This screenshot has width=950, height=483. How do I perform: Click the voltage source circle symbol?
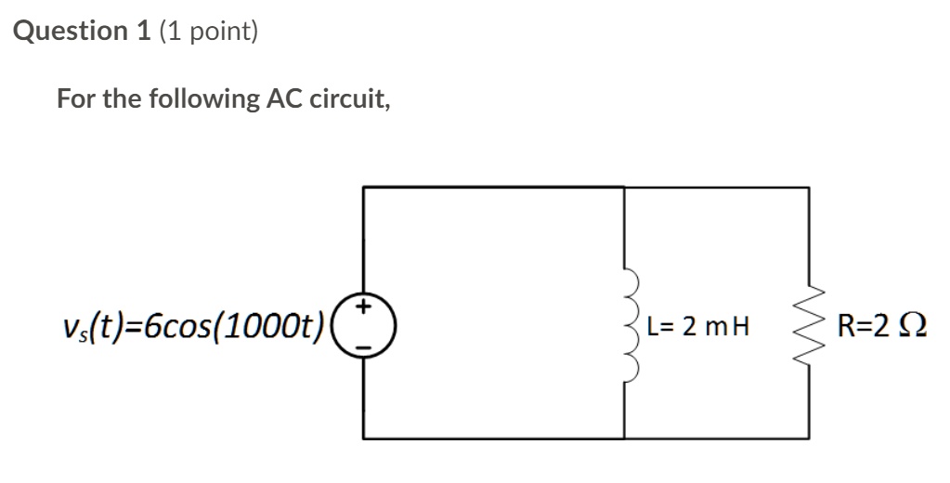point(364,325)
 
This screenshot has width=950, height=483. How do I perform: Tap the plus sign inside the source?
point(365,305)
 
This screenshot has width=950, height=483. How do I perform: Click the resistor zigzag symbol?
point(810,326)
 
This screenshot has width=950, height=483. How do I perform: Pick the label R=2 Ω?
point(881,326)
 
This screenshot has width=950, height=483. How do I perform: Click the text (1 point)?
point(209,32)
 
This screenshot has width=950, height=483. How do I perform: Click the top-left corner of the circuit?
point(364,188)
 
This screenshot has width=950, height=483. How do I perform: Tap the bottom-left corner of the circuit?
point(364,437)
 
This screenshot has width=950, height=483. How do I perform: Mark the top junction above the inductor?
point(625,188)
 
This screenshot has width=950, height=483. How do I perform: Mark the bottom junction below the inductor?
point(625,437)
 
